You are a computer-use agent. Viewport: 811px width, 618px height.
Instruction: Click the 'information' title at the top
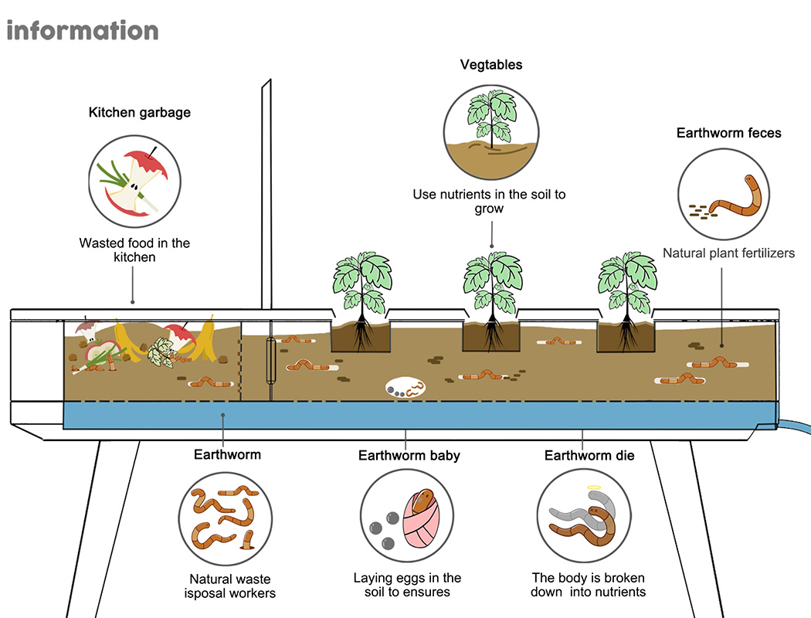[x=82, y=31]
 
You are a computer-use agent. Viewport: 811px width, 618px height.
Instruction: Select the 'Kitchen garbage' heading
[x=140, y=113]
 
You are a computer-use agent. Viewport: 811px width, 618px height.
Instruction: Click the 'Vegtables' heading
[x=491, y=65]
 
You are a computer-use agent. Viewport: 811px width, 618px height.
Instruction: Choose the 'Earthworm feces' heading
[x=728, y=133]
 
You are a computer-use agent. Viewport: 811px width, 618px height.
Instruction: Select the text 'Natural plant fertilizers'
[x=728, y=253]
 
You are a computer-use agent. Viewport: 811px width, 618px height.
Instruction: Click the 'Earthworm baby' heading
[x=409, y=455]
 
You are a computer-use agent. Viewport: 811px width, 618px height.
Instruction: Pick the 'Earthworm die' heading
[x=589, y=455]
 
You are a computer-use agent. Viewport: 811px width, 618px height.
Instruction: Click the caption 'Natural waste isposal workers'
[x=230, y=586]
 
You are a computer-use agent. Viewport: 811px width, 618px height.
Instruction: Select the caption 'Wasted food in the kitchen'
[x=134, y=250]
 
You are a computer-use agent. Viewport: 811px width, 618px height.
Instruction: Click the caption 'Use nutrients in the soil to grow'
[x=489, y=201]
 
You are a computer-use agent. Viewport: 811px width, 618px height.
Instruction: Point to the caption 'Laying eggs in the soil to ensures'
[x=407, y=585]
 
